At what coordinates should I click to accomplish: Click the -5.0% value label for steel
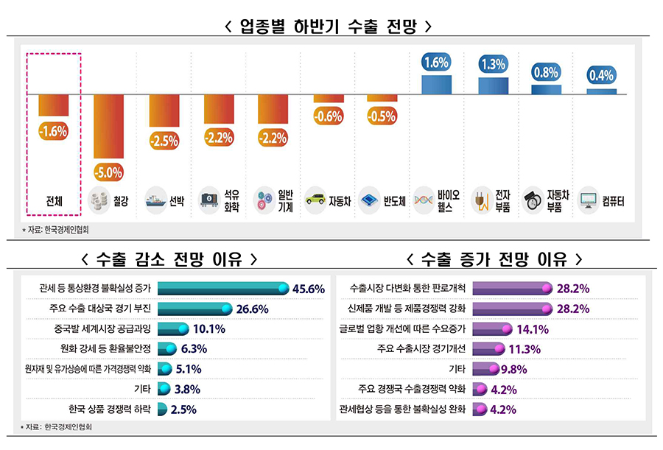[x=108, y=173]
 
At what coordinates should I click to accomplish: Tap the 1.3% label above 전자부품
[x=491, y=64]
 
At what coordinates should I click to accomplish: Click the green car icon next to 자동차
[x=315, y=200]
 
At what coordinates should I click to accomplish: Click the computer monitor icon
[x=589, y=200]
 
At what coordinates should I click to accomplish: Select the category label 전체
[x=54, y=200]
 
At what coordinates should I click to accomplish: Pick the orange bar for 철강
[x=108, y=126]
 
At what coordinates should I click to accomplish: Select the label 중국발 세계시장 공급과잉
[x=108, y=328]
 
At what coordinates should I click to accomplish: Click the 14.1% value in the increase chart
[x=531, y=328]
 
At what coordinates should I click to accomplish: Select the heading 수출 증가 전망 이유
[x=494, y=259]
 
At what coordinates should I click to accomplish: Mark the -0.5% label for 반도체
[x=382, y=116]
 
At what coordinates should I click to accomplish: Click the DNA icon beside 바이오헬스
[x=425, y=200]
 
